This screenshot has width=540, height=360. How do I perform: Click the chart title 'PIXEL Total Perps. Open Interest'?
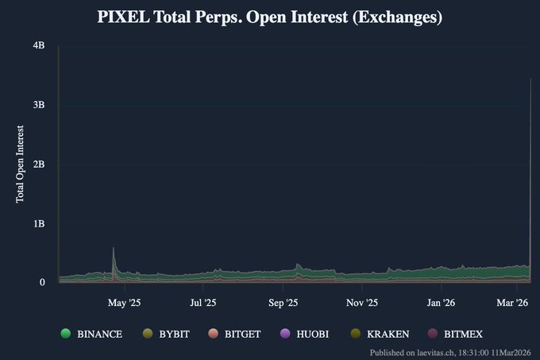(269, 17)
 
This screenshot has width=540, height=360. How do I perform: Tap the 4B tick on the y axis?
(39, 47)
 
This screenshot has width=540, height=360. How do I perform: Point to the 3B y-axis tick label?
(39, 106)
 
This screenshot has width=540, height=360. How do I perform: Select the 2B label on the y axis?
(39, 165)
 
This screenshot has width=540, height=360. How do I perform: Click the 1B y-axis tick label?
(39, 223)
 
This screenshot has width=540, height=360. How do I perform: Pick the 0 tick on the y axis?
(41, 282)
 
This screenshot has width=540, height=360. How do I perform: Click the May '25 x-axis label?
(124, 303)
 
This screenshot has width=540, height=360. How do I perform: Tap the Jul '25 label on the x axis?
(203, 303)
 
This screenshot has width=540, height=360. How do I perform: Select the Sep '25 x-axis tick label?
(283, 303)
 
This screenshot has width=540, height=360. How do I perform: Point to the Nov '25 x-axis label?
(361, 303)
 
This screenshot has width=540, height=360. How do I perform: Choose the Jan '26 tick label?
(441, 303)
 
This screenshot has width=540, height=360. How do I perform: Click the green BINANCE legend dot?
(66, 334)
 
